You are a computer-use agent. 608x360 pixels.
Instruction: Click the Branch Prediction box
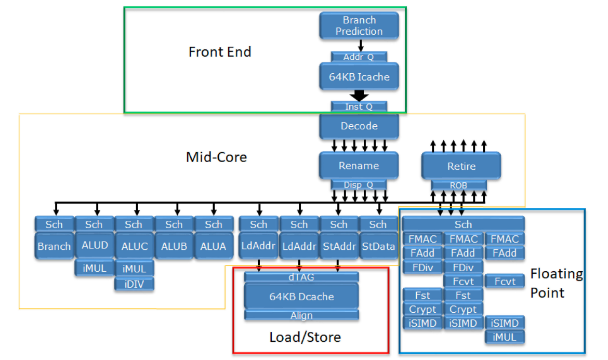click(x=359, y=25)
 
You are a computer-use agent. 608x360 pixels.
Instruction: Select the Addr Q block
click(x=359, y=57)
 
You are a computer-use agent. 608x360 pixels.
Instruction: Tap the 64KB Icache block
click(x=359, y=77)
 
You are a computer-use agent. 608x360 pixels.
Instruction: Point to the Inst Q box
click(x=359, y=106)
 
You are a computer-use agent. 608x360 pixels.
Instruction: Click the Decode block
click(x=359, y=126)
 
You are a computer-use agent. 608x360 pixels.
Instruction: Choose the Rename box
click(x=359, y=166)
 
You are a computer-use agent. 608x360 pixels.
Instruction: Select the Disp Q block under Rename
click(x=359, y=184)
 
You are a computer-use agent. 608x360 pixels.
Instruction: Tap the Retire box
click(x=461, y=166)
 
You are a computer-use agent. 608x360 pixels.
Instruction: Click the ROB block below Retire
click(x=459, y=184)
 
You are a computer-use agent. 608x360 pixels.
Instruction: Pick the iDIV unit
click(x=134, y=284)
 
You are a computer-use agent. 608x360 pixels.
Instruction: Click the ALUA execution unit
click(x=213, y=246)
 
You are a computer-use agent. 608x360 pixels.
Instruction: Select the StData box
click(x=378, y=246)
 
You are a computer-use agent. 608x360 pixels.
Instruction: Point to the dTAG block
click(x=301, y=277)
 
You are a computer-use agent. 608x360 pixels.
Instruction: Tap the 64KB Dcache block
click(x=301, y=297)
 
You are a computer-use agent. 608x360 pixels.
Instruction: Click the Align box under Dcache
click(x=301, y=315)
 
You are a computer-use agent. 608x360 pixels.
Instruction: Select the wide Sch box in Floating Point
click(x=463, y=224)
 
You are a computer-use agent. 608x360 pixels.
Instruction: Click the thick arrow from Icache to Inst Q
click(x=359, y=96)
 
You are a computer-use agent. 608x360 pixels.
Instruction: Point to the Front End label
click(x=220, y=52)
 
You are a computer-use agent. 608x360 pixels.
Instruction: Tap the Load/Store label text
click(x=305, y=337)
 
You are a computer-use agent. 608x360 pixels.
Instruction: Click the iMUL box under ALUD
click(x=95, y=268)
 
